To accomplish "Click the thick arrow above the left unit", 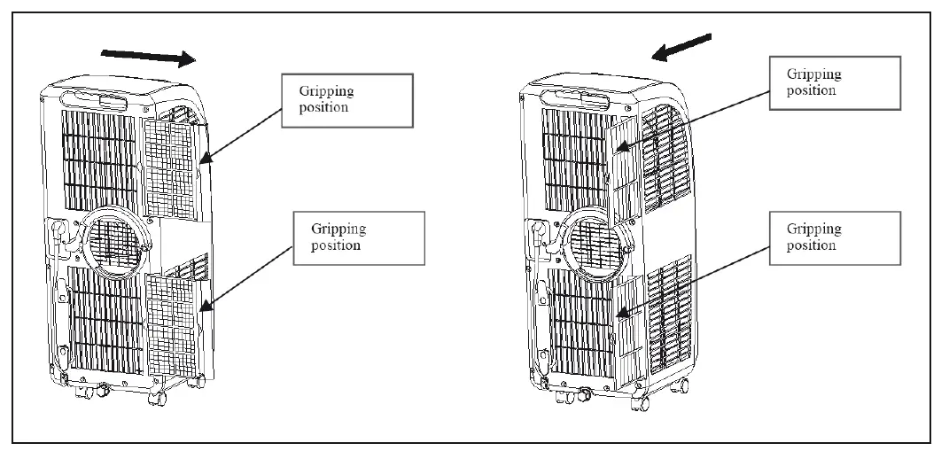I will pyautogui.click(x=149, y=57).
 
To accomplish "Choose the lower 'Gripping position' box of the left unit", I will pyautogui.click(x=348, y=237).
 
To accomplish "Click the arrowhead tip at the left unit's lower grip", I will pyautogui.click(x=202, y=310).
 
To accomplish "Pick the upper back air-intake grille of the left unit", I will pyautogui.click(x=100, y=158).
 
